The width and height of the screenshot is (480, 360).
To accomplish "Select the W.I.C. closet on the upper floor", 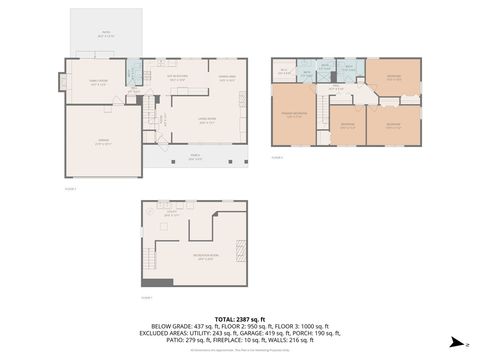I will tap(284, 70).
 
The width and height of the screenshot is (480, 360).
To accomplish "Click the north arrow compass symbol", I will tap(456, 341).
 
